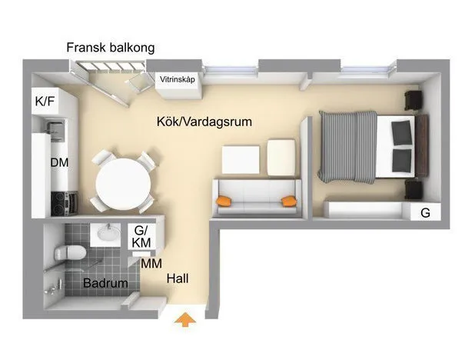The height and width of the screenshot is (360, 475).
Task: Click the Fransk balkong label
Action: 110,48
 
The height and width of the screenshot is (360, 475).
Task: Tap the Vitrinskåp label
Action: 176,79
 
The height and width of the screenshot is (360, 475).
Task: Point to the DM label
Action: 59,163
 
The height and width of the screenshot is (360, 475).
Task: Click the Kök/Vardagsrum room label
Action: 203,122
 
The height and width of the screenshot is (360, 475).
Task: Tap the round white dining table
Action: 122,183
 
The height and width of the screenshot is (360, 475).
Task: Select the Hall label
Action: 178,278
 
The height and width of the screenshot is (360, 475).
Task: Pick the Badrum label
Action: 105,283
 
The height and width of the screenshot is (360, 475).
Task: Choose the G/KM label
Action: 141,236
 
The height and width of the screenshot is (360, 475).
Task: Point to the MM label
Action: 151,263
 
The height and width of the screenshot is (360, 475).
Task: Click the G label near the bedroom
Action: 425,213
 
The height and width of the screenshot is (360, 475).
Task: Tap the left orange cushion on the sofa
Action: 224,202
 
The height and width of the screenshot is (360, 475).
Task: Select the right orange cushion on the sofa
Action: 289,202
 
